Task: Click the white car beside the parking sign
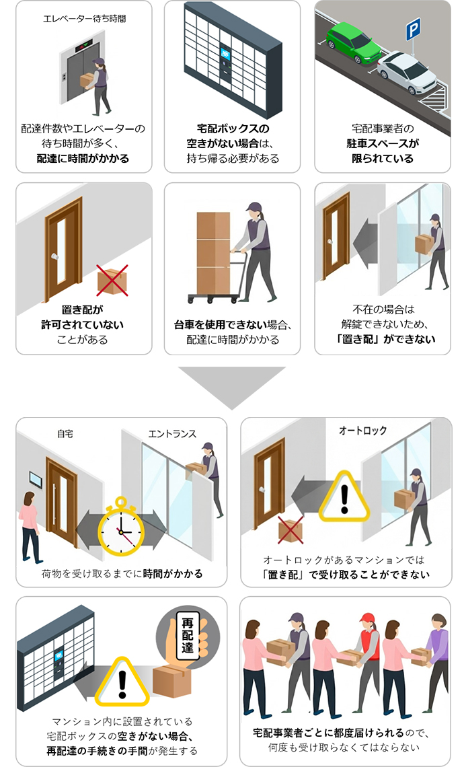click(x=408, y=73)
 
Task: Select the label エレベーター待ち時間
click(x=84, y=18)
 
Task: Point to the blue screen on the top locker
click(x=226, y=52)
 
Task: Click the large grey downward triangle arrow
click(x=232, y=386)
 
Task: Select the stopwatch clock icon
click(x=122, y=527)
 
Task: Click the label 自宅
click(x=65, y=434)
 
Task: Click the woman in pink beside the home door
click(x=30, y=525)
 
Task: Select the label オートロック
click(x=362, y=430)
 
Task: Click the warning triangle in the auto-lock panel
click(x=344, y=499)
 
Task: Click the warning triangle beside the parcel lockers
click(x=122, y=680)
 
